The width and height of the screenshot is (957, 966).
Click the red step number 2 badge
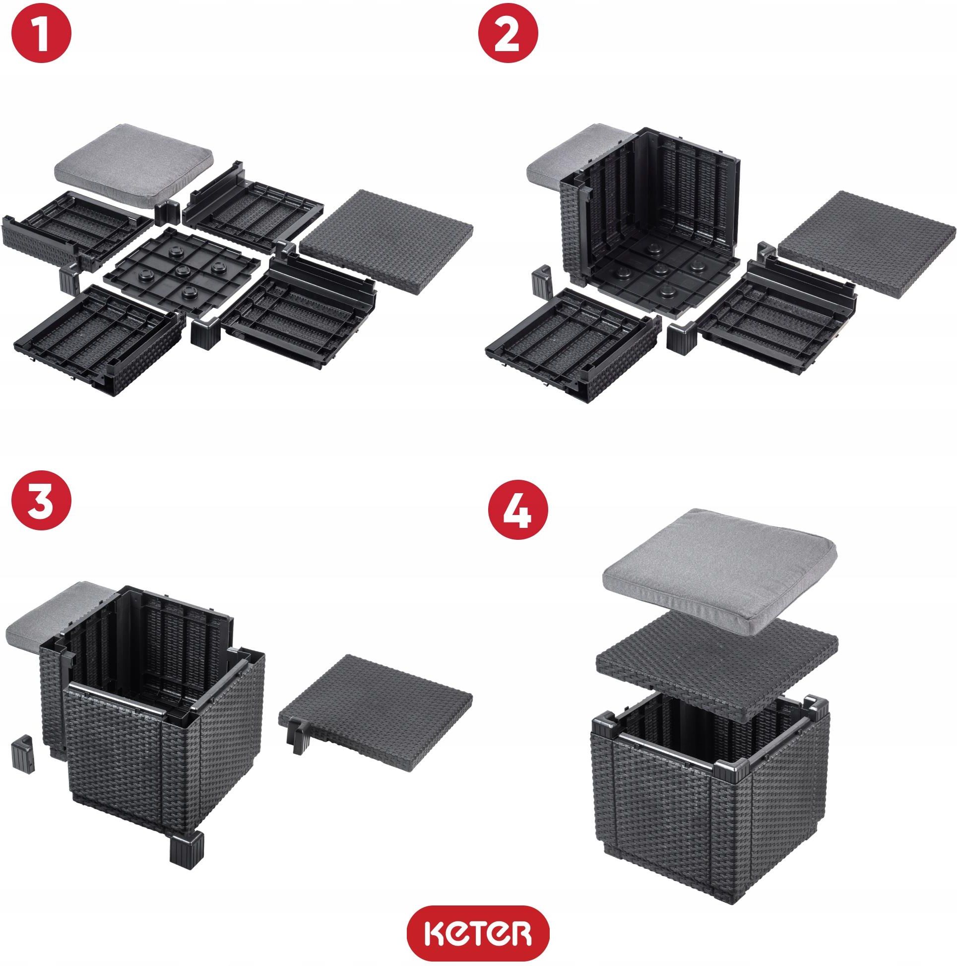pyautogui.click(x=509, y=34)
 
